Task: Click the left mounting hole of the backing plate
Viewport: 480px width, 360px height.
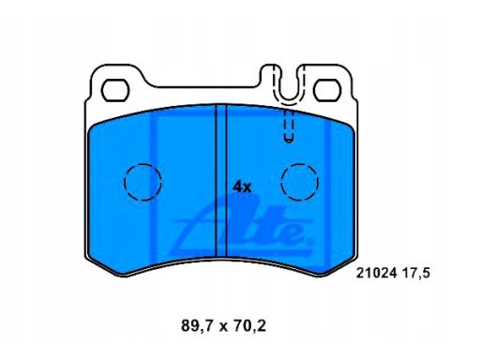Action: click(x=115, y=90)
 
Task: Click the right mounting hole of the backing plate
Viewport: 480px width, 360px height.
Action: click(x=326, y=90)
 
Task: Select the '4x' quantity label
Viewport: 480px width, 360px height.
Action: click(x=242, y=187)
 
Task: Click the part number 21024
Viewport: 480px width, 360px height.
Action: click(x=377, y=273)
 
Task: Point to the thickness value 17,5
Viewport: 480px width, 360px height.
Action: click(x=415, y=274)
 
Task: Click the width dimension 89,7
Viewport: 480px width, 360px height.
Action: click(x=197, y=326)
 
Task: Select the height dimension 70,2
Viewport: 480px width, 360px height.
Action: click(x=249, y=326)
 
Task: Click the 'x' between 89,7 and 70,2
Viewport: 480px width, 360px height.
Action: click(x=223, y=327)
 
